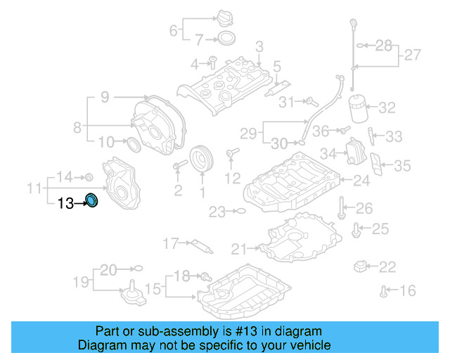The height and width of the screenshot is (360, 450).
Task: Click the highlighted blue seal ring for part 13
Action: point(91,201)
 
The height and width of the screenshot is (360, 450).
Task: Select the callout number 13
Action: point(65,203)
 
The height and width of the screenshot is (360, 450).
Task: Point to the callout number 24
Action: point(361,181)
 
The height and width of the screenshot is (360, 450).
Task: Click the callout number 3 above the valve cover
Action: point(259,47)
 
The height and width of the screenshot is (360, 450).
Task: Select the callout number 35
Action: point(401,166)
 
